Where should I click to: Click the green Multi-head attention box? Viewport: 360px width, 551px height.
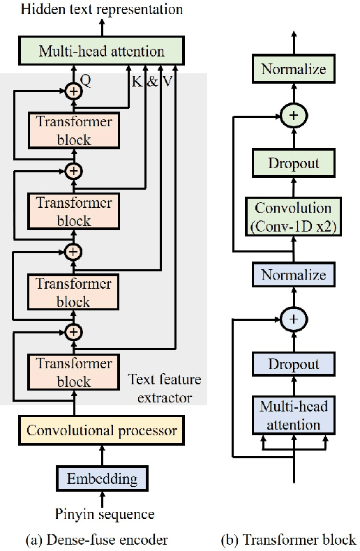tap(102, 51)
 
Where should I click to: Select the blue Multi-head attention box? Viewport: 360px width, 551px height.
tap(293, 416)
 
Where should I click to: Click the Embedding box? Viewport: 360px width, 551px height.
tap(102, 479)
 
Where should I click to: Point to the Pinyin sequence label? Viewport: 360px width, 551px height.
tap(103, 514)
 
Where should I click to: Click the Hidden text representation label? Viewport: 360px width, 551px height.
tap(103, 9)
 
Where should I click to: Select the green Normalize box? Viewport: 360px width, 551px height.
tap(293, 69)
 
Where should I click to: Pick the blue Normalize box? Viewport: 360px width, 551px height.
tap(293, 275)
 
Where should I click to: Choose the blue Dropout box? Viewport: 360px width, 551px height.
tap(293, 364)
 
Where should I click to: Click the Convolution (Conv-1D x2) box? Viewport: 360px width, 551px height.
tap(293, 217)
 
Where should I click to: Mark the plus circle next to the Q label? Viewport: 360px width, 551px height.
tap(74, 89)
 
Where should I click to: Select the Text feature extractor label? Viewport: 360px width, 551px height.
tap(165, 388)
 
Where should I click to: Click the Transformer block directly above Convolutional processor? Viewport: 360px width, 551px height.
tap(74, 372)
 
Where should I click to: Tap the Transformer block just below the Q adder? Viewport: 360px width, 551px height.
tap(74, 130)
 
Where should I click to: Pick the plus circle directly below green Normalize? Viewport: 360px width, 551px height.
tap(293, 116)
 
